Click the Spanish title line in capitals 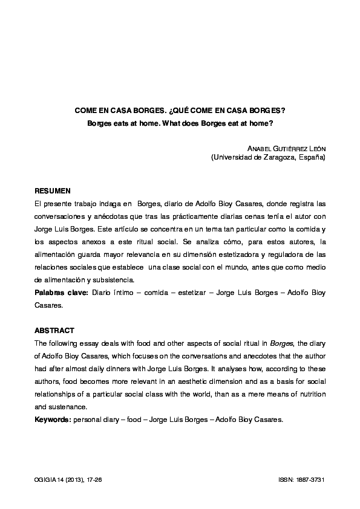(180, 111)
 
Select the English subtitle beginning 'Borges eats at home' (180, 123)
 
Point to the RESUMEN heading (53, 190)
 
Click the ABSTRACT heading (54, 331)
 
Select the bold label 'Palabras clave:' (61, 293)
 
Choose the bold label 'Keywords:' (53, 418)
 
